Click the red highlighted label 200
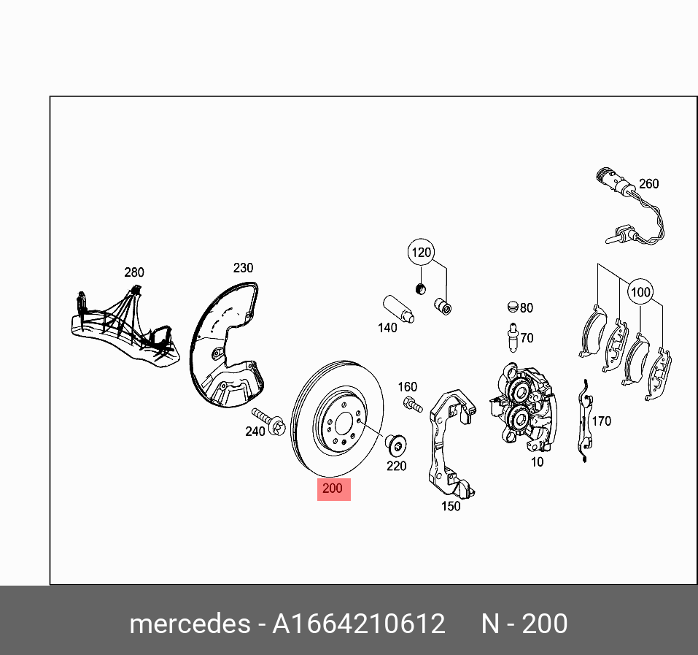[x=333, y=489]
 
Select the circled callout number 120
[x=421, y=254]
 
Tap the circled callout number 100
[x=640, y=292]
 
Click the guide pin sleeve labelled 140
[x=398, y=309]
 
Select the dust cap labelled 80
[x=512, y=307]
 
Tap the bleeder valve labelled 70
[x=512, y=336]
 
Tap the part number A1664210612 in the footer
[x=358, y=624]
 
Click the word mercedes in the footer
[x=189, y=624]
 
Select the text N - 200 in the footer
[x=523, y=624]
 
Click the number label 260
[x=648, y=184]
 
